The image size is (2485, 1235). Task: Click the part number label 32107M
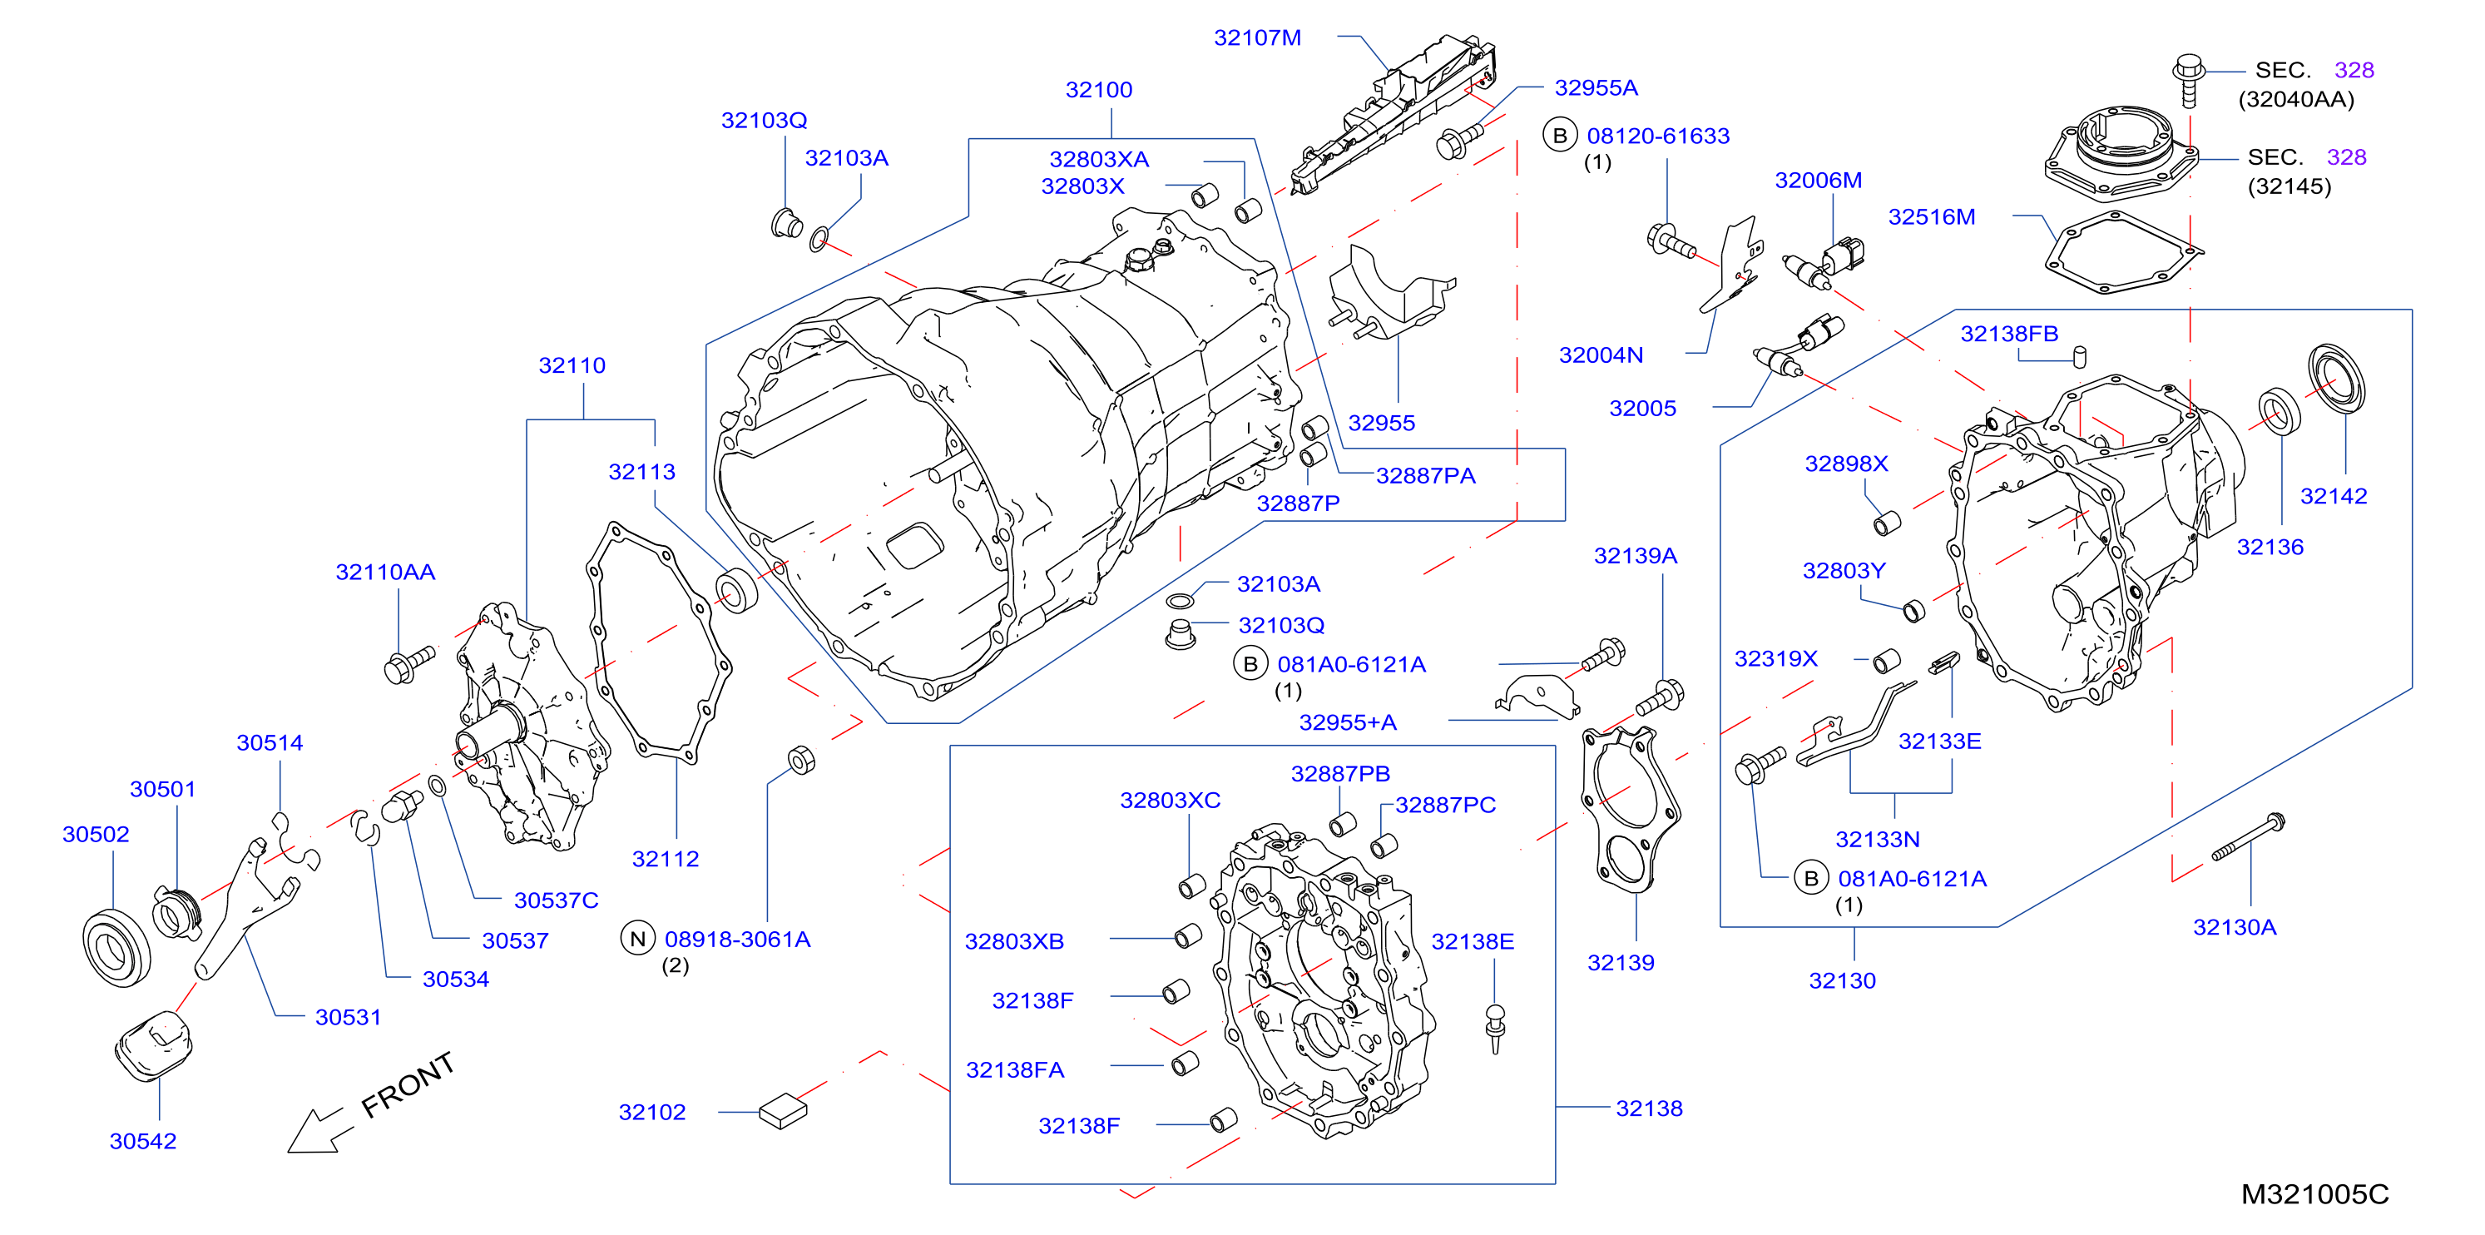pos(1257,37)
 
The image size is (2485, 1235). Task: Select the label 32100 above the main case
pos(1099,90)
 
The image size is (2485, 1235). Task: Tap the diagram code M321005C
pos(2314,1194)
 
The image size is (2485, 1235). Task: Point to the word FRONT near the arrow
pos(407,1085)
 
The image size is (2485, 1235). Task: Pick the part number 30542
pos(143,1142)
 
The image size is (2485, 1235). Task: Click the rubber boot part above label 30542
pos(155,1046)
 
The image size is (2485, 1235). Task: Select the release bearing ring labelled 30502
pos(116,948)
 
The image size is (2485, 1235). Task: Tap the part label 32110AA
pos(385,573)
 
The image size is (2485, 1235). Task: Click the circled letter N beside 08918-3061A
pos(637,939)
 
